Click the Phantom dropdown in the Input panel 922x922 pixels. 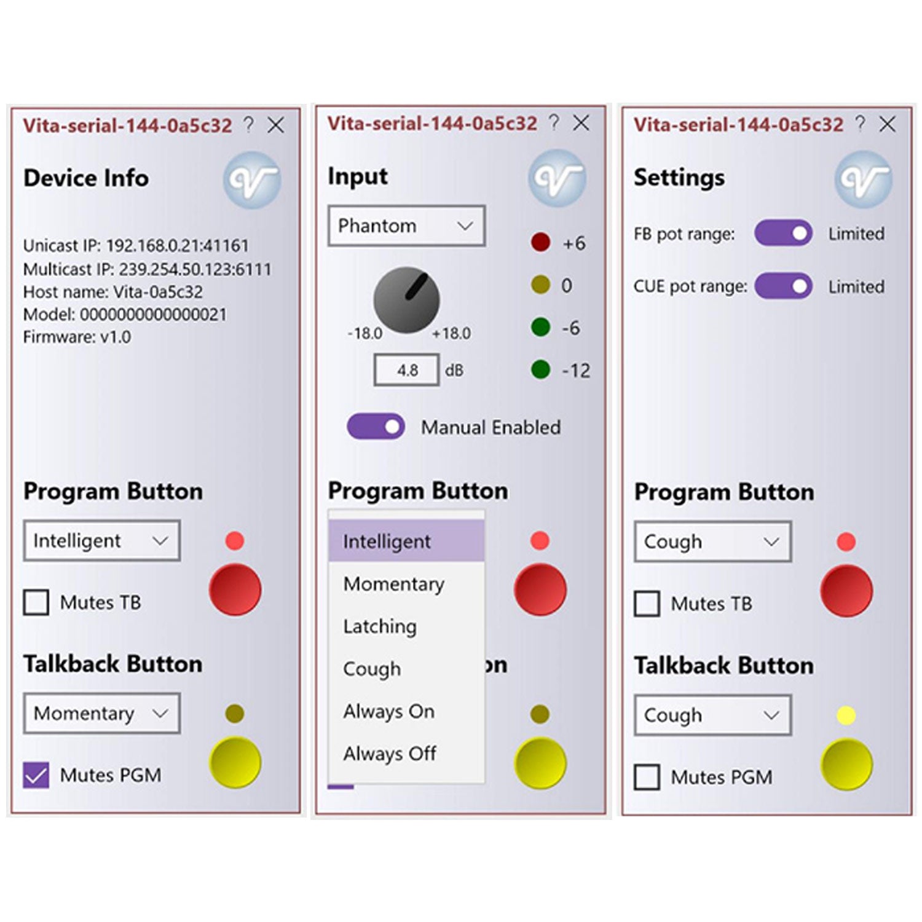tap(406, 226)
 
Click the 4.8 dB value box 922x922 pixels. tap(407, 370)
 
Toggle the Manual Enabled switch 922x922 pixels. tap(376, 426)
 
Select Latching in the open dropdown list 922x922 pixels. tap(380, 626)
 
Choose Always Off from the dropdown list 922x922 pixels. tap(390, 754)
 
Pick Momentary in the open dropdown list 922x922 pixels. tap(393, 584)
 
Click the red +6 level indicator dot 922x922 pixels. tap(540, 242)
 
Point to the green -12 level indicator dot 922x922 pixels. tap(540, 370)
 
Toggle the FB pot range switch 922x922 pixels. tap(783, 234)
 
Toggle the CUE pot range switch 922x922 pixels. tap(783, 286)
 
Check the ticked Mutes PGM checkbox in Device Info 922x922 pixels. tap(36, 775)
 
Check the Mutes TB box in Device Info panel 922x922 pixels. tap(36, 602)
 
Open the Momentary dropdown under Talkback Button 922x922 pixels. tap(102, 713)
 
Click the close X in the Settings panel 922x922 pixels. tap(887, 124)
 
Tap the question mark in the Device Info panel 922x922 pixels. tap(248, 124)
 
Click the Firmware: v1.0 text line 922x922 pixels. tap(77, 337)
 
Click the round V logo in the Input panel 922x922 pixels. tap(557, 178)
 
